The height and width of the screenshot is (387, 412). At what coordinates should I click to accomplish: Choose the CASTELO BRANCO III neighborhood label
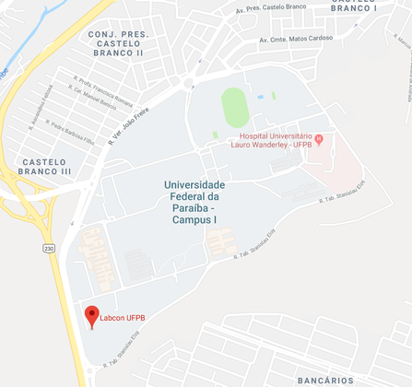(43, 166)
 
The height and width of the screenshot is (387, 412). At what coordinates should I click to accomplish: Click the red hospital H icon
(319, 140)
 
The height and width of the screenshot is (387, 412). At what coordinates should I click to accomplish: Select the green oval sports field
(234, 107)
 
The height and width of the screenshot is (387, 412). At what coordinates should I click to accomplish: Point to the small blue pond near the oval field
(261, 96)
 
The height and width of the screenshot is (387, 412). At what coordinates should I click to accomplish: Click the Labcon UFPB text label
(123, 319)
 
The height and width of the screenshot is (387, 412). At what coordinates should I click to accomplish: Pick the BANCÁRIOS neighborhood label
(325, 379)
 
